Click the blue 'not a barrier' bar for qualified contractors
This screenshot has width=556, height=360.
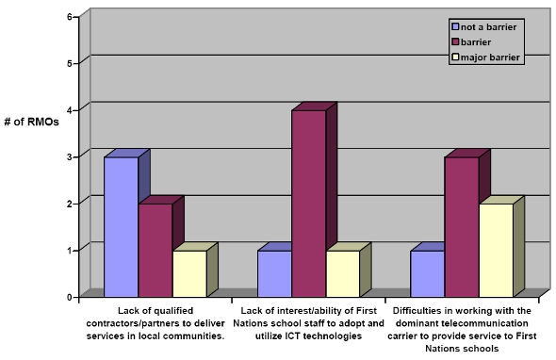point(121,226)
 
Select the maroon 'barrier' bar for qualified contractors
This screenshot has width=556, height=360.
point(155,250)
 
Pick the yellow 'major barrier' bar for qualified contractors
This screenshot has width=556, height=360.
point(188,273)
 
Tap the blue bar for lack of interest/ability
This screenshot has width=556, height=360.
point(273,273)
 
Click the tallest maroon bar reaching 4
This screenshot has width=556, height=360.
point(307,203)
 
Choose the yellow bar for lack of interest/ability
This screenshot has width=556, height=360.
point(341,273)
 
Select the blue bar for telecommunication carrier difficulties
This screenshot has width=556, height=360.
point(427,273)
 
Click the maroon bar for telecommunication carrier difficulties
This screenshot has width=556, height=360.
point(461,226)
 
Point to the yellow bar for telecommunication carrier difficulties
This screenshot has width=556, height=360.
point(495,250)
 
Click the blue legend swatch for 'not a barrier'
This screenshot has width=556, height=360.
point(455,27)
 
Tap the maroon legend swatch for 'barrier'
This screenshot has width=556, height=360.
point(455,42)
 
